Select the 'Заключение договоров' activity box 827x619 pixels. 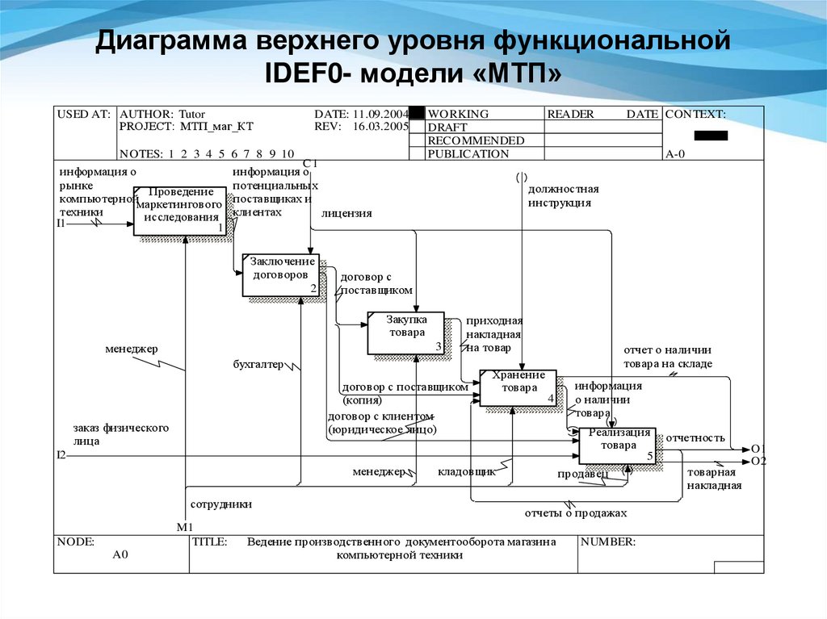281,274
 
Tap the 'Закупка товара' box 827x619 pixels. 405,333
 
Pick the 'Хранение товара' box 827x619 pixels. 518,387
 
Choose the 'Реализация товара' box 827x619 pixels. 617,445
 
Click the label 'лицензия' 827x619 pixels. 346,214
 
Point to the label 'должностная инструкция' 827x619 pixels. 563,196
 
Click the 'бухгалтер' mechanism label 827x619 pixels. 258,365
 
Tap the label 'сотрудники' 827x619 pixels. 221,504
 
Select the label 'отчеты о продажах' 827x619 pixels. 575,513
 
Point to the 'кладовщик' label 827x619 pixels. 466,471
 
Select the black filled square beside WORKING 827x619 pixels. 417,114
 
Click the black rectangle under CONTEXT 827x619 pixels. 711,136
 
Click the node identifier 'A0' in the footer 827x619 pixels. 120,555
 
